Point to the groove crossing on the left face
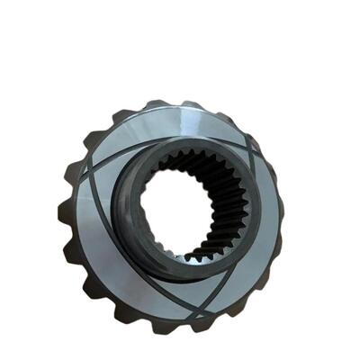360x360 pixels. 87,171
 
